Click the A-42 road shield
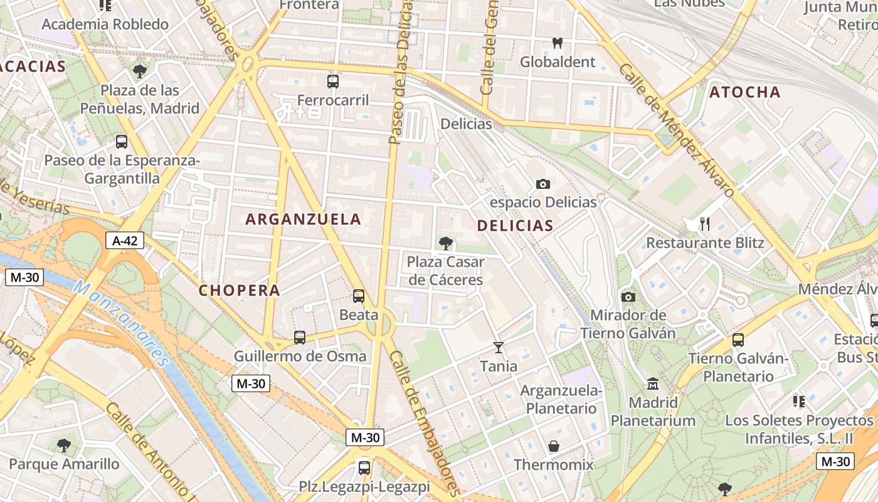[125, 240]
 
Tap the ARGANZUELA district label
[304, 219]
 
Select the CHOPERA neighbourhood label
[240, 291]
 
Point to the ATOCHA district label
[745, 92]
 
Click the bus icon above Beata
[359, 296]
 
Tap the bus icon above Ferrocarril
[333, 81]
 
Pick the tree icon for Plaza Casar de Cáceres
[446, 243]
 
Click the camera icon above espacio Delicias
[543, 184]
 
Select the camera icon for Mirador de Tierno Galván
[628, 297]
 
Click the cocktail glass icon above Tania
[499, 347]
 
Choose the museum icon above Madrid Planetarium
[653, 383]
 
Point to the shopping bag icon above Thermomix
[554, 446]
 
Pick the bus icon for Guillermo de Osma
[300, 338]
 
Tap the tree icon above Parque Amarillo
[63, 446]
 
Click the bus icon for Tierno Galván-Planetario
[738, 340]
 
